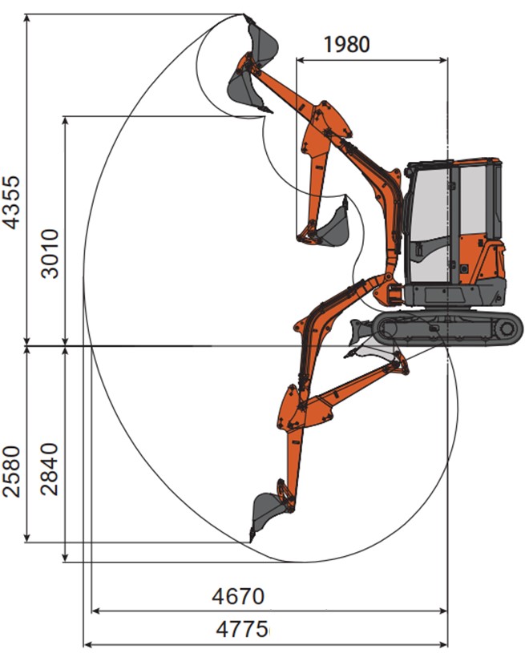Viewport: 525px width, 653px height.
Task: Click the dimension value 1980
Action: [x=347, y=44]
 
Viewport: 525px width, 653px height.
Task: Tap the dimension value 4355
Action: [x=11, y=203]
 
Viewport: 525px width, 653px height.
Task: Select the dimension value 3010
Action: [x=50, y=253]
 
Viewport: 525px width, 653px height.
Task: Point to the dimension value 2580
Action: [x=11, y=471]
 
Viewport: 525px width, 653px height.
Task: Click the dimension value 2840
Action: [x=49, y=469]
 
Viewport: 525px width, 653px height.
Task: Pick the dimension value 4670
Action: [x=238, y=596]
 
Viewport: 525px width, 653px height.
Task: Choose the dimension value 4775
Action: [x=242, y=629]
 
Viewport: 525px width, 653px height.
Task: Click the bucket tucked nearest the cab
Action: [x=333, y=225]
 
